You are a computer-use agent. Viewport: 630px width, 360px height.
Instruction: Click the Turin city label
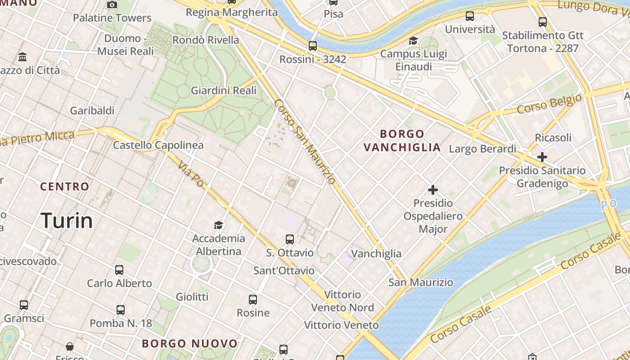67,220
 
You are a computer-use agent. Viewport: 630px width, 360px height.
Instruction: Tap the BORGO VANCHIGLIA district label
402,140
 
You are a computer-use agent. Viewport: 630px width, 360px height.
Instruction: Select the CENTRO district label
65,186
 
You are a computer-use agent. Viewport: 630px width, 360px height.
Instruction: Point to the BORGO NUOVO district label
189,344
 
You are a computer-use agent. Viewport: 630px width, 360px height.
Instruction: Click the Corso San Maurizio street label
305,141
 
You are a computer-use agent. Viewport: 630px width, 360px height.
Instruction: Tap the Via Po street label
191,175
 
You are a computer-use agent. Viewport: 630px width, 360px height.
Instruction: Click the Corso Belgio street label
549,103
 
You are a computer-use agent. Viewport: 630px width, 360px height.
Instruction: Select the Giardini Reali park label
224,90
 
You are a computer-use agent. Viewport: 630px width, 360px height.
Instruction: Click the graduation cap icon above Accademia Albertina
218,225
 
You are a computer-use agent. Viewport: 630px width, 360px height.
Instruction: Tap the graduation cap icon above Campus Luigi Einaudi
413,40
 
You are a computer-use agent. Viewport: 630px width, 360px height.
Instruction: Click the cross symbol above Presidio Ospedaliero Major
433,190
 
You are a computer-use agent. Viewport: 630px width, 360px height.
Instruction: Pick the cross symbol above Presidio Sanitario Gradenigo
542,157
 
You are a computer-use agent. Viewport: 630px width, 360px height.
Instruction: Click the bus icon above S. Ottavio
290,239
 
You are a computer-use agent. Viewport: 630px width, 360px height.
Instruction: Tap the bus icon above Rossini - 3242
313,46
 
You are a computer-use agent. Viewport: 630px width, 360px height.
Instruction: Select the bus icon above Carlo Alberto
119,270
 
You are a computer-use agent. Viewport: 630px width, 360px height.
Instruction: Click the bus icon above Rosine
253,300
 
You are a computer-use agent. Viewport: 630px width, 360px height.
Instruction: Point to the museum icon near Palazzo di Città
22,57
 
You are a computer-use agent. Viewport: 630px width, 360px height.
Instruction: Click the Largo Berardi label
483,149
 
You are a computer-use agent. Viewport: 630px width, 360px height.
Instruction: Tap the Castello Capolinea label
158,145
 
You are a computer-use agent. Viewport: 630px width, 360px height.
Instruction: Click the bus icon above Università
470,16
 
